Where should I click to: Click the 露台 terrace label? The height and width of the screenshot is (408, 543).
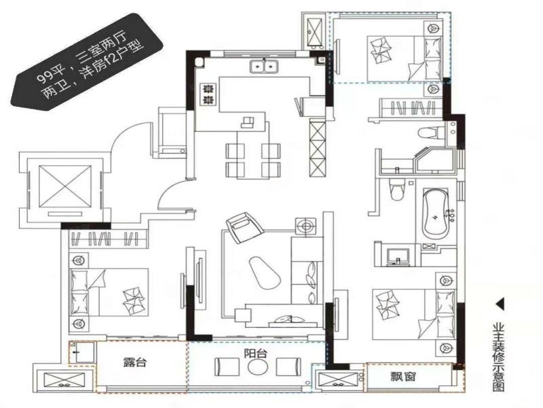pyautogui.click(x=135, y=362)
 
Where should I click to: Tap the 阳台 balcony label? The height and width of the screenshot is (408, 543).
pyautogui.click(x=256, y=354)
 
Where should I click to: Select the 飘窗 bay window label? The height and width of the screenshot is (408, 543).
pyautogui.click(x=403, y=377)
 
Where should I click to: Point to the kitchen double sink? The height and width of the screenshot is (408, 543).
pyautogui.click(x=264, y=66)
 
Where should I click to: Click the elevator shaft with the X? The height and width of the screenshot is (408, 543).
pyautogui.click(x=64, y=186)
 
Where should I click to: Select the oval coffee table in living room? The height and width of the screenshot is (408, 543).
pyautogui.click(x=264, y=272)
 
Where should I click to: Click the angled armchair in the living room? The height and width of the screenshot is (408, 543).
pyautogui.click(x=243, y=227)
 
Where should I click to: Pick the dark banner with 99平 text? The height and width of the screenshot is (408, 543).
pyautogui.click(x=87, y=62)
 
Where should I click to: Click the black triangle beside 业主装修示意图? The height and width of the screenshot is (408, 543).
pyautogui.click(x=500, y=305)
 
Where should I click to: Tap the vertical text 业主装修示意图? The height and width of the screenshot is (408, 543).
pyautogui.click(x=500, y=358)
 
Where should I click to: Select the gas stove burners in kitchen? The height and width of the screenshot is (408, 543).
pyautogui.click(x=208, y=95)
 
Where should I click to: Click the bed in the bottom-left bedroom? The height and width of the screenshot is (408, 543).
pyautogui.click(x=109, y=292)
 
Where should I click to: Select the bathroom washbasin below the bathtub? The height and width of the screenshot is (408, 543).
pyautogui.click(x=398, y=257)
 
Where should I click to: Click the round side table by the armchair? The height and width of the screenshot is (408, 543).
pyautogui.click(x=306, y=227)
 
